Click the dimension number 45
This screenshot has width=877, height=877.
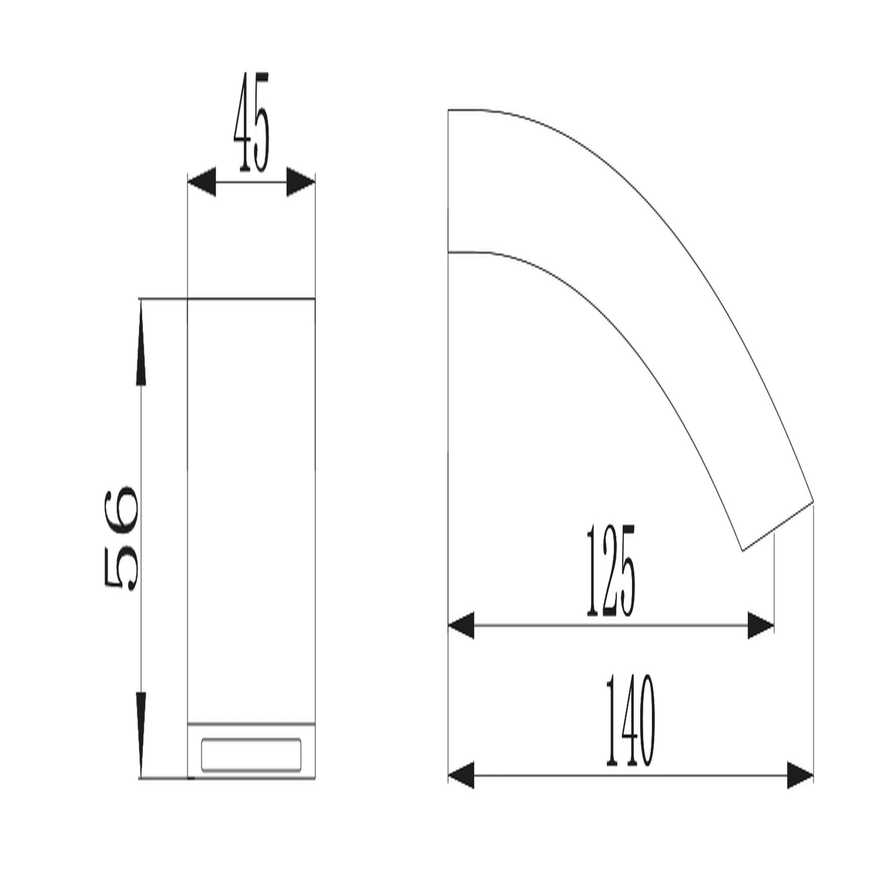[x=252, y=122]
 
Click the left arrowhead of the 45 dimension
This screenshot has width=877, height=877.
[x=201, y=181]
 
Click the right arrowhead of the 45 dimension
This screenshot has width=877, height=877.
[x=300, y=182]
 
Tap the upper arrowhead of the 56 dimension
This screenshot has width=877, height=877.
[x=141, y=341]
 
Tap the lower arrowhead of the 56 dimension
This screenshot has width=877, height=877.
[x=141, y=735]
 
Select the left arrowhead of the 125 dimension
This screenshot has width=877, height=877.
[x=461, y=625]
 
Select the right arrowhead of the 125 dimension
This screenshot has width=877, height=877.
[x=761, y=625]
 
